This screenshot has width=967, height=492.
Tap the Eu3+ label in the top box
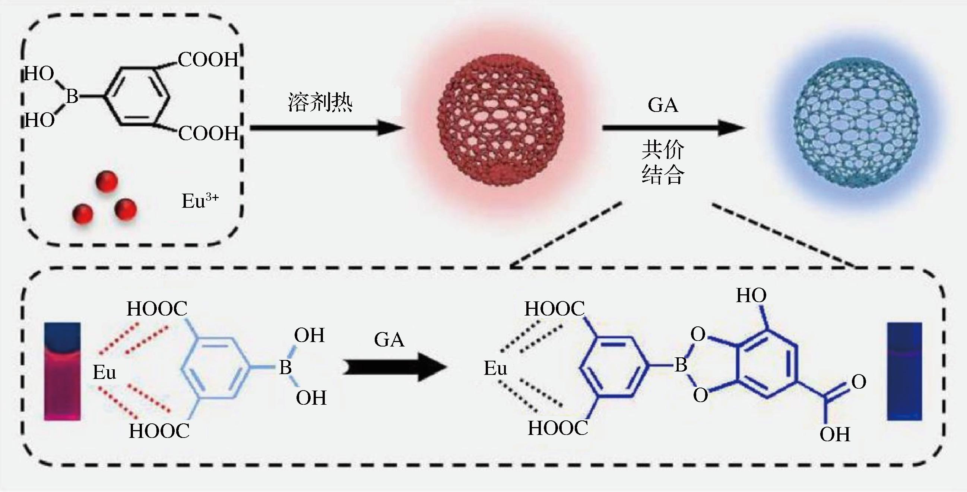point(200,201)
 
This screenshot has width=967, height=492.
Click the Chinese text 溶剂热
point(320,102)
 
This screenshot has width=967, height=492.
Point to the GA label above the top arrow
point(663,105)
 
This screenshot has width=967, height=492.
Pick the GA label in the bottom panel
point(389,340)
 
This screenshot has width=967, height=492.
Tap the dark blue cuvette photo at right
point(904,372)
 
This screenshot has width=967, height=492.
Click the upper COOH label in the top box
point(208,60)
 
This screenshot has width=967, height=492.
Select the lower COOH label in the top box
point(209,134)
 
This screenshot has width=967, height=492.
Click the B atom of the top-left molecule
point(72,97)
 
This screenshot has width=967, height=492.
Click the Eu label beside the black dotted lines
point(495,368)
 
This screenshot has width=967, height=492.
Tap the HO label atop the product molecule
point(751,295)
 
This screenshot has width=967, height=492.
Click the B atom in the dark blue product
point(681,364)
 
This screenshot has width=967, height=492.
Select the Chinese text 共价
point(663,150)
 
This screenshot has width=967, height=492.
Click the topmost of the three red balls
point(107,182)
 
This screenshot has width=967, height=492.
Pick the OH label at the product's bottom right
point(834,435)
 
